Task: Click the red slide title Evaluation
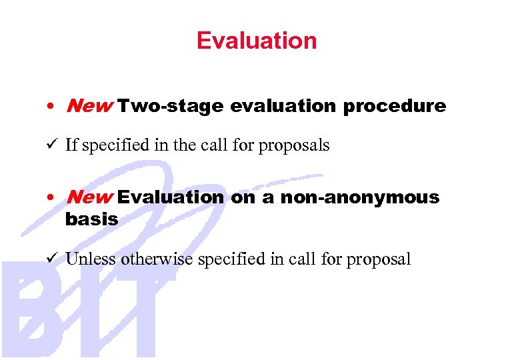[257, 41]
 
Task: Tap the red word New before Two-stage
[89, 105]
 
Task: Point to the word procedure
[395, 106]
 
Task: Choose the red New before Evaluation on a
[89, 197]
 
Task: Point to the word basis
[91, 219]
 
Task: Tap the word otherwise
[154, 259]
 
